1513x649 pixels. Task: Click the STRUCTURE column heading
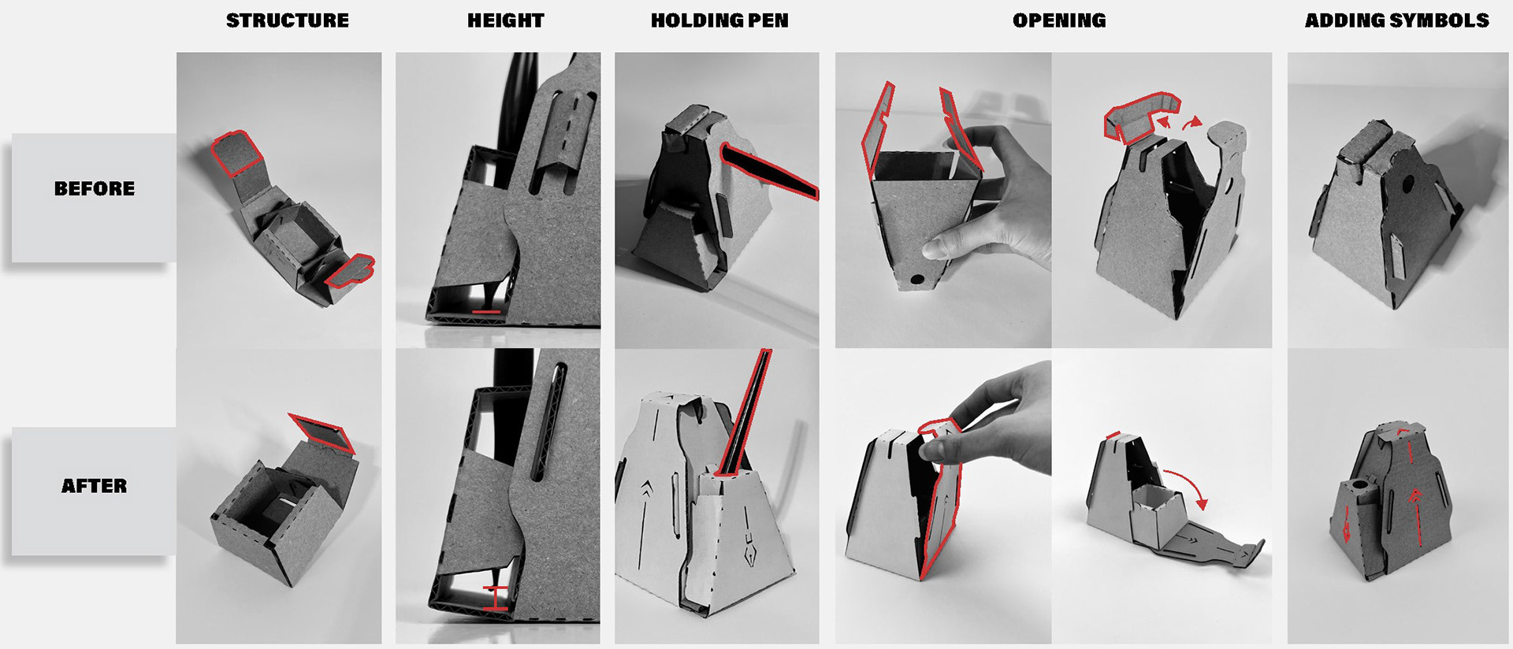[287, 20]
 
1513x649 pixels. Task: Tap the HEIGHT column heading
[505, 20]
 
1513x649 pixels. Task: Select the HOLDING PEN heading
[719, 20]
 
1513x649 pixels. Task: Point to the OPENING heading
[1059, 20]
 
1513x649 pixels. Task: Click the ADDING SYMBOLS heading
[1396, 20]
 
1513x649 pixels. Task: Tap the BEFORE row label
[95, 188]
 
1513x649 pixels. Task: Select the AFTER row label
[95, 486]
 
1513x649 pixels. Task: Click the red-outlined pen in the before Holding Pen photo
[768, 169]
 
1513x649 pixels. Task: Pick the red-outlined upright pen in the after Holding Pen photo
[745, 414]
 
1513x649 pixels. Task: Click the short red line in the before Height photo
[486, 312]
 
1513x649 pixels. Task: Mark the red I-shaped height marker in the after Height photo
[496, 599]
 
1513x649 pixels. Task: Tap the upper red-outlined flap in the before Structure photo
[236, 153]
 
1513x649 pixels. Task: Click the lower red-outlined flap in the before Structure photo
[350, 270]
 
